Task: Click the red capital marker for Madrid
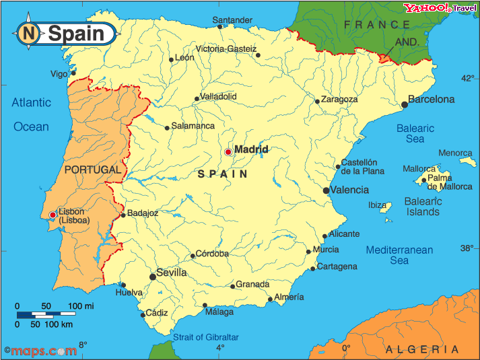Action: [x=228, y=152]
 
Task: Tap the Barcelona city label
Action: [x=432, y=100]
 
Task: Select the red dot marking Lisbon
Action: [x=53, y=215]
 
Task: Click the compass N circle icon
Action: [x=28, y=33]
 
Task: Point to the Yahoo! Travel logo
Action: [x=440, y=8]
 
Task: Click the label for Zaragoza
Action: [x=339, y=100]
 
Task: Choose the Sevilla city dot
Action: [x=153, y=277]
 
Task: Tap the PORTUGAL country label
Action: [x=93, y=170]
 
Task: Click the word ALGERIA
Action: [x=422, y=349]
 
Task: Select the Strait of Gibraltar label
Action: [x=206, y=336]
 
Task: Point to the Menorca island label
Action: [x=456, y=153]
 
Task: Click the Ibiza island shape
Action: [x=386, y=209]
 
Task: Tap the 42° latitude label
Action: [x=467, y=79]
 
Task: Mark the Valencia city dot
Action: [x=327, y=190]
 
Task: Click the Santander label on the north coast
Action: [x=232, y=20]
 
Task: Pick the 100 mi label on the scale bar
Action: [x=80, y=306]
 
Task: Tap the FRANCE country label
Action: [x=377, y=24]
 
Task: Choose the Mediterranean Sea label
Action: [x=399, y=255]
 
